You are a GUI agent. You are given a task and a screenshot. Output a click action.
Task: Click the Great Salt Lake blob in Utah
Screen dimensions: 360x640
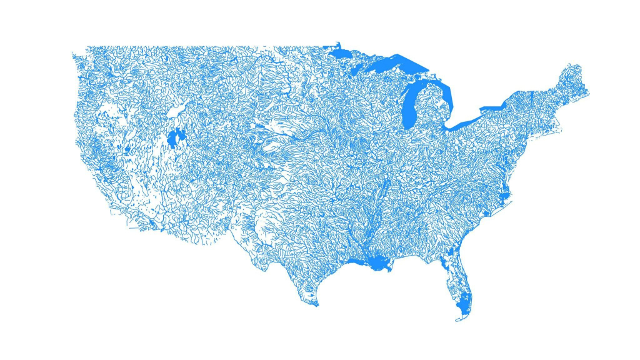(174, 137)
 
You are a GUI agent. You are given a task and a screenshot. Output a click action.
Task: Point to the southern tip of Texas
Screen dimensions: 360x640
(315, 305)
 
